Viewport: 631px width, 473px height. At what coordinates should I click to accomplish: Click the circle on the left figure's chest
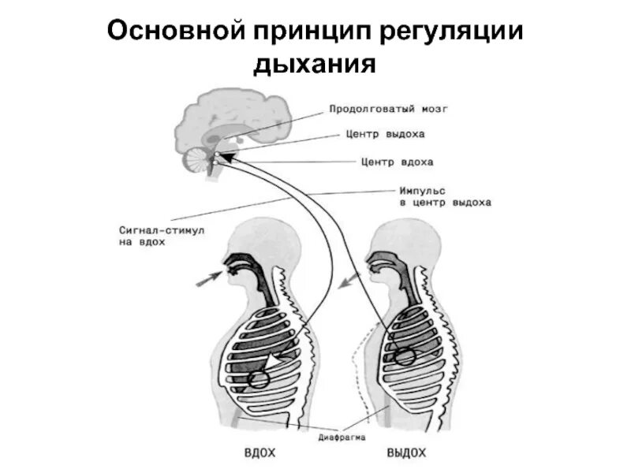pyautogui.click(x=259, y=379)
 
